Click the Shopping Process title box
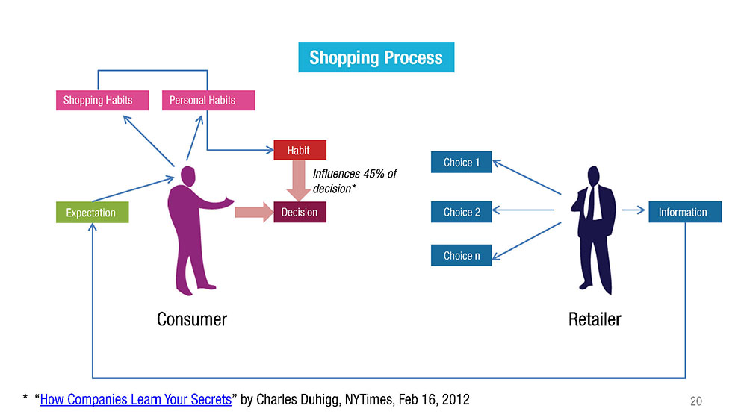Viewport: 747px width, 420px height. click(376, 57)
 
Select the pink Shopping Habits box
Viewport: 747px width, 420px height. click(102, 101)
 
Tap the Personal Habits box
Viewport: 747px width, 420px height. click(208, 101)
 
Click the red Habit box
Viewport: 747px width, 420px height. click(300, 150)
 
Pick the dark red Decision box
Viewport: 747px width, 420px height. click(300, 212)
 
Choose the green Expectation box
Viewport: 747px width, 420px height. click(92, 212)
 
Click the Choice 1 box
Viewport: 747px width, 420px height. click(461, 162)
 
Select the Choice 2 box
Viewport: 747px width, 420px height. click(461, 212)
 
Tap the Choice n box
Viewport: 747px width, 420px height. click(461, 255)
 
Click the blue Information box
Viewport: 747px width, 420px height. click(685, 212)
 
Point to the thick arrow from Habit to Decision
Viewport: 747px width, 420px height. click(299, 181)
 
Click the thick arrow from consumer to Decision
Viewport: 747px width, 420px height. click(254, 212)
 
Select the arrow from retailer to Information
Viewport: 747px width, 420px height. click(633, 210)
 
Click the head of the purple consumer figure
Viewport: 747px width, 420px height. click(187, 176)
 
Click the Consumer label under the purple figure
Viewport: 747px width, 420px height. click(192, 319)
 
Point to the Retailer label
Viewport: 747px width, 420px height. click(595, 319)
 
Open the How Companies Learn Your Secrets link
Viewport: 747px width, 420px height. click(136, 400)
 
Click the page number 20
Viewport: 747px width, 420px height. click(696, 401)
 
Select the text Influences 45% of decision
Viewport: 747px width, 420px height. click(355, 181)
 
